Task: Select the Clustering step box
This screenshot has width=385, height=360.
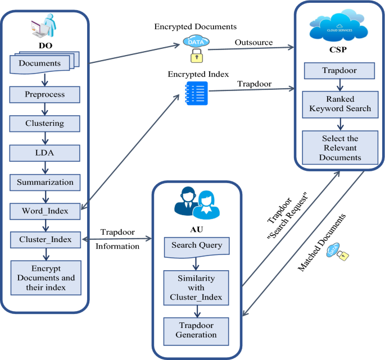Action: coord(44,122)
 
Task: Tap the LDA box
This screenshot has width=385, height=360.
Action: coord(44,152)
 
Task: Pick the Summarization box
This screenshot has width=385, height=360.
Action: coord(44,182)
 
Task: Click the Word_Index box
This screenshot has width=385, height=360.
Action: coord(44,211)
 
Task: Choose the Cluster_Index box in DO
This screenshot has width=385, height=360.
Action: coord(44,240)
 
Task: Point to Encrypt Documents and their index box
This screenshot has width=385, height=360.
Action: coord(44,278)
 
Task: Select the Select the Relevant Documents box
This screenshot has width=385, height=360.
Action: coord(340,147)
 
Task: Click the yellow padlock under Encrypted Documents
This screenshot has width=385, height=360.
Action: coord(196,55)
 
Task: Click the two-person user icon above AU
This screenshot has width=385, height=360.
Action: coord(196,203)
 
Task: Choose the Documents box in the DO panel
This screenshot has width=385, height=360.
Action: coord(40,63)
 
